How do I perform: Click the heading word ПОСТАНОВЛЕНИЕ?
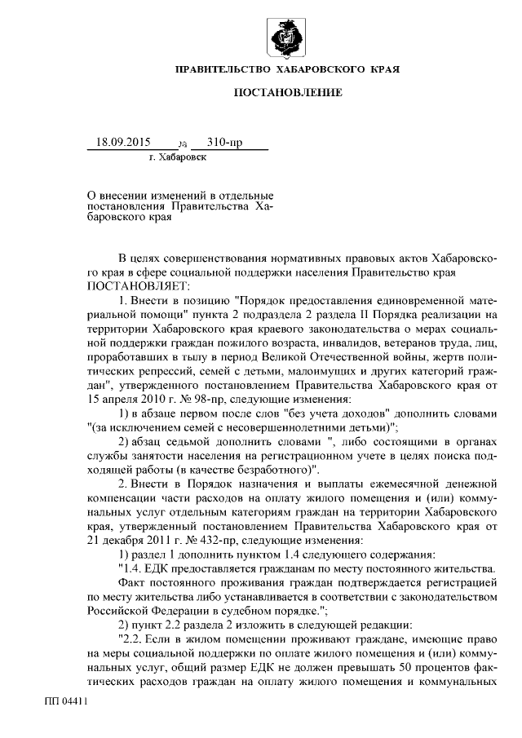click(x=288, y=94)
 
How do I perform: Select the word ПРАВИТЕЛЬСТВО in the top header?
click(x=231, y=71)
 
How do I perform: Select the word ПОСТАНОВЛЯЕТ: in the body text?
click(x=138, y=286)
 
